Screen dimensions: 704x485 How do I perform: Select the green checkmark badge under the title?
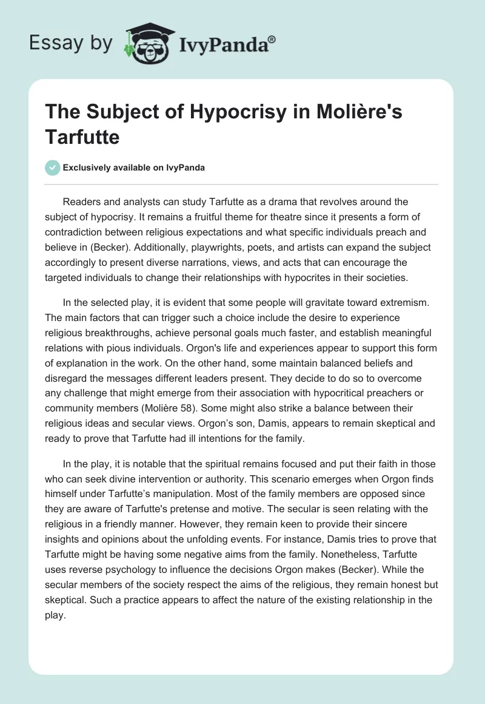click(x=53, y=168)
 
